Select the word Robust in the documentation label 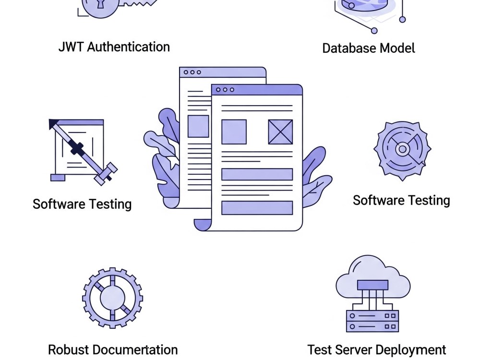coord(68,349)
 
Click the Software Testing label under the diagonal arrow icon coord(82,204)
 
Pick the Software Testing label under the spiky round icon coord(401,201)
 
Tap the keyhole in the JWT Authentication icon coord(100,3)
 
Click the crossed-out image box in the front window coord(280,132)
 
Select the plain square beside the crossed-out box coord(234,132)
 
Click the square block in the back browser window coord(198,126)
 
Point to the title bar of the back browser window coord(223,72)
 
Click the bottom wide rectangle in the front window coord(257,208)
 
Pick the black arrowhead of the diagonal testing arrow coord(53,123)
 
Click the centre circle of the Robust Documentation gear coord(112,298)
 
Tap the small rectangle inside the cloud coord(372,285)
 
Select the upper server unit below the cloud coord(372,316)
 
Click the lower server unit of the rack coord(372,326)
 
